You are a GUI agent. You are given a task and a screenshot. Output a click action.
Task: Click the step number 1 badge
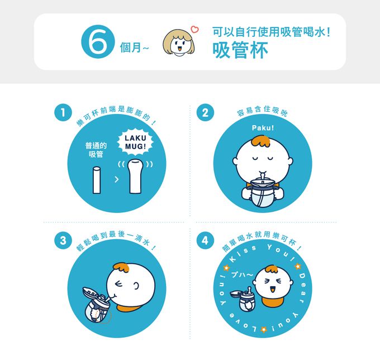63,113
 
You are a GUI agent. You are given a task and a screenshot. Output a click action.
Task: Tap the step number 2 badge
205,113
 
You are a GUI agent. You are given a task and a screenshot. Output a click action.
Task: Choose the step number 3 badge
63,241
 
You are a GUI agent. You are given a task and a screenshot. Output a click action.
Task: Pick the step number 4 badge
205,241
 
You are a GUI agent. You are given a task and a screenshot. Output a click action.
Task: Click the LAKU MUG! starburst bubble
134,142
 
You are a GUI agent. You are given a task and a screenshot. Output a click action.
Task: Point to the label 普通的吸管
96,150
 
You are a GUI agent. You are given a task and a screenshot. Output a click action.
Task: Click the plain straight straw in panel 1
96,179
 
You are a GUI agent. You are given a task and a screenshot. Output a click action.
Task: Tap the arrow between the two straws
116,180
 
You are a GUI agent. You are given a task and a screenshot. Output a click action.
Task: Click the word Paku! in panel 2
263,129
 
